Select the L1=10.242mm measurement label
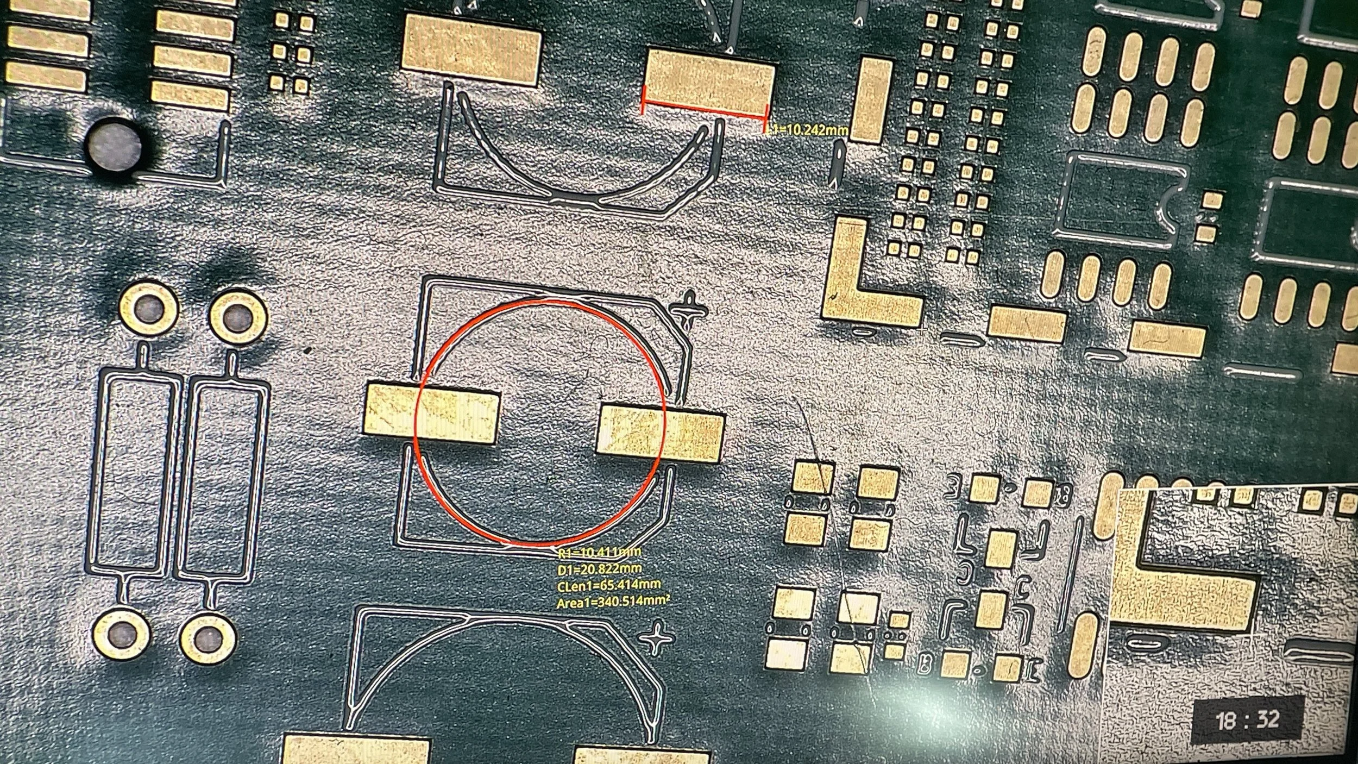click(x=807, y=130)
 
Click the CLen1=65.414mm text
click(x=609, y=585)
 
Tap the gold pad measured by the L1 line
click(x=709, y=82)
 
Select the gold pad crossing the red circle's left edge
click(x=432, y=414)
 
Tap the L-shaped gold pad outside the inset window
click(x=864, y=283)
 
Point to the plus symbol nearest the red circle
click(x=690, y=310)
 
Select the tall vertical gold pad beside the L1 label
click(x=871, y=101)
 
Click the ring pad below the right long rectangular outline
click(x=207, y=638)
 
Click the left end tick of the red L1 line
click(x=644, y=101)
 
